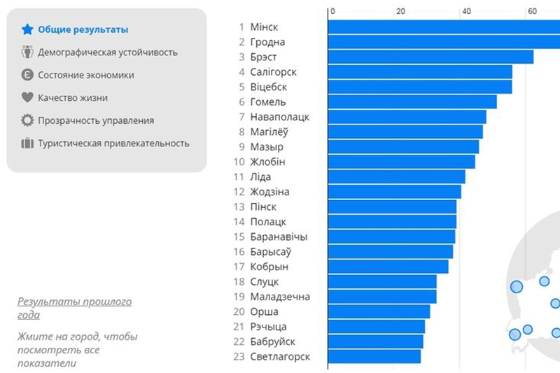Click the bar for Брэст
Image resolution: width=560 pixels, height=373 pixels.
430,57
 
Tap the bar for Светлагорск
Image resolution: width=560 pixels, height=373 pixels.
374,357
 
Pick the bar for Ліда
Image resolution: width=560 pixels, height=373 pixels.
395,177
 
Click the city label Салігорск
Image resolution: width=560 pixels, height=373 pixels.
273,72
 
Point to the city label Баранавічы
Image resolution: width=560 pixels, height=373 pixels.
278,237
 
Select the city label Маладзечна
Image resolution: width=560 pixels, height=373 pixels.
279,297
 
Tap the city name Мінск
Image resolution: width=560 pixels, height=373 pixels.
264,27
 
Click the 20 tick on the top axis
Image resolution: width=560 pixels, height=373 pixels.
400,11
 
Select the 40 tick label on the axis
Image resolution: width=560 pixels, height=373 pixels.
466,11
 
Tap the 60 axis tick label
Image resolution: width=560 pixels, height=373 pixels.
532,11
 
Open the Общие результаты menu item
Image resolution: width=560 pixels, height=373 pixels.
83,29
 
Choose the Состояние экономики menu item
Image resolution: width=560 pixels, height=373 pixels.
85,75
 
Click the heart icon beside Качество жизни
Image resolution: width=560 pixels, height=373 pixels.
27,98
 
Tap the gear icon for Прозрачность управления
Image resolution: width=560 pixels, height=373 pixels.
27,120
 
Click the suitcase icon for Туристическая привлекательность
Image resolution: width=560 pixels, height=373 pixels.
27,143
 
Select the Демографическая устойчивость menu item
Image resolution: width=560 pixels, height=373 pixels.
107,52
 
